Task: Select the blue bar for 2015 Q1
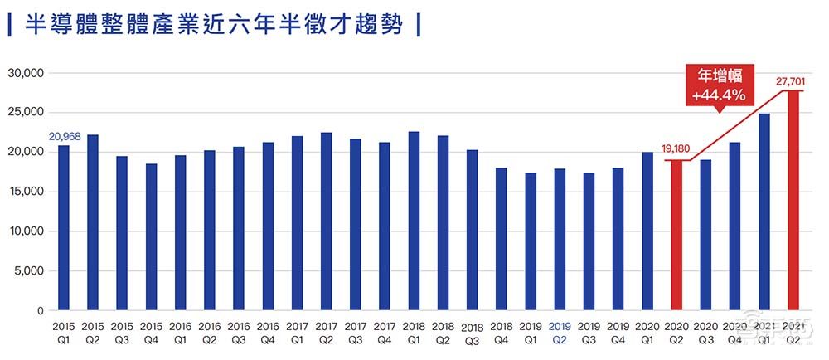[x=64, y=228]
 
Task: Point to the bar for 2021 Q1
[x=764, y=212]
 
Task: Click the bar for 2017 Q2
[x=326, y=221]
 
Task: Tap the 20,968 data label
[x=64, y=138]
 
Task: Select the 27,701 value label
[x=792, y=81]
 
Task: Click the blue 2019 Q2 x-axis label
[x=560, y=332]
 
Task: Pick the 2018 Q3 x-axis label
[x=473, y=333]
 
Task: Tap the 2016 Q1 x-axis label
[x=180, y=332]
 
